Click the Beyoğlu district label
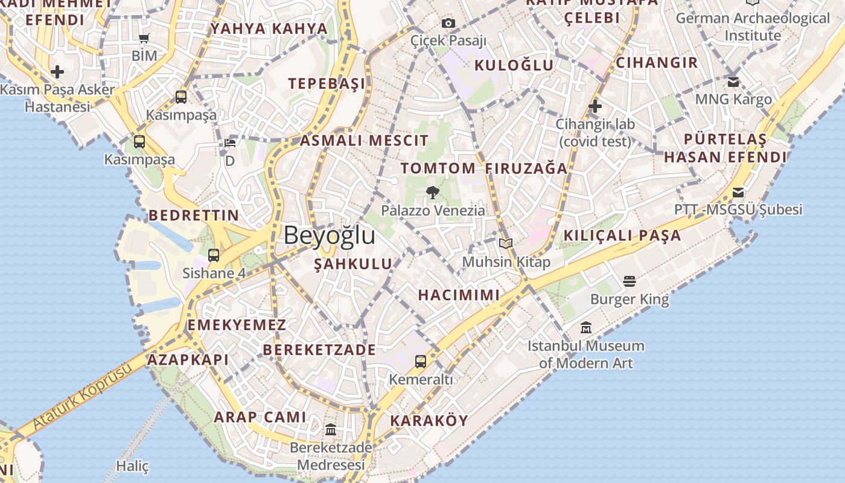click(x=330, y=235)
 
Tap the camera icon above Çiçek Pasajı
click(x=448, y=24)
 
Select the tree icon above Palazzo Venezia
click(x=432, y=193)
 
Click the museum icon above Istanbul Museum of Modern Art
click(x=586, y=328)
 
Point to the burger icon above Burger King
click(x=630, y=281)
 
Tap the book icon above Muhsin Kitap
click(x=506, y=243)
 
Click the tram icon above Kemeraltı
click(x=421, y=362)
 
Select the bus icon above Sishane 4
click(x=214, y=255)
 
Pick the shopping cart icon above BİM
click(x=144, y=39)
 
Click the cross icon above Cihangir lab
click(x=595, y=107)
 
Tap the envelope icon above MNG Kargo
click(x=733, y=82)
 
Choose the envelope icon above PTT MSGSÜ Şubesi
click(x=738, y=193)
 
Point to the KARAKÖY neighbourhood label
click(x=429, y=421)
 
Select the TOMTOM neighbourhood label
click(x=438, y=168)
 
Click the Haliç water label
click(x=132, y=466)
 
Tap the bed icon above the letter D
click(x=230, y=143)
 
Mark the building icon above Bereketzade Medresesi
click(x=331, y=430)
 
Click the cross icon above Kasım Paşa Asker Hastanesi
click(x=57, y=72)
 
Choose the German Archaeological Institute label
click(x=753, y=27)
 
